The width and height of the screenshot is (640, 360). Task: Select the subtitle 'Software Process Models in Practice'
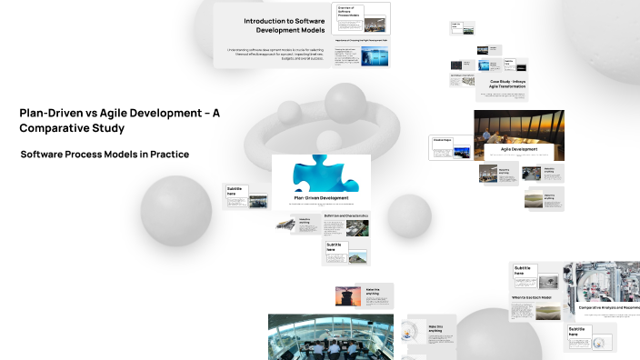pos(105,155)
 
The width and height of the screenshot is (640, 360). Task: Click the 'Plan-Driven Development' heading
pos(322,197)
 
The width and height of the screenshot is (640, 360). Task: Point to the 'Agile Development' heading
pos(518,147)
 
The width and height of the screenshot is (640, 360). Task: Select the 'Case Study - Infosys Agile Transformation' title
pos(507,85)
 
